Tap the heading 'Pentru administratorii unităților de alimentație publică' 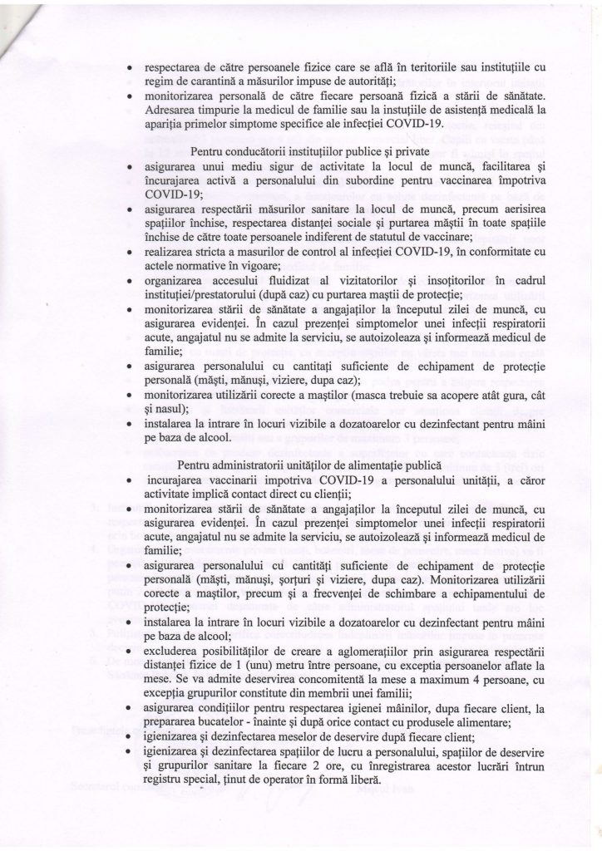(x=314, y=466)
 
